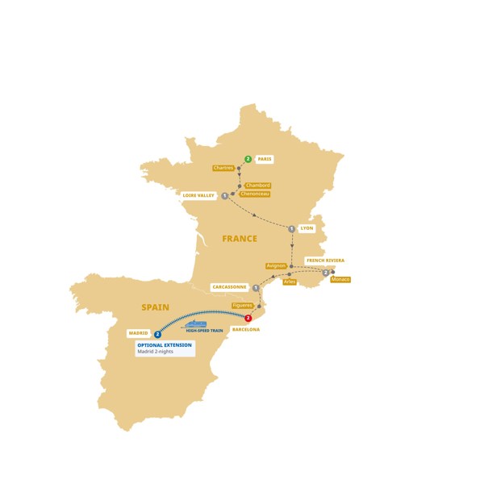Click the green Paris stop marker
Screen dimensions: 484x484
point(248,159)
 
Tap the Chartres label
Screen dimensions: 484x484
point(223,168)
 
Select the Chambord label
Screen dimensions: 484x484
point(257,186)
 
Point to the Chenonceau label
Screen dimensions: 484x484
point(254,194)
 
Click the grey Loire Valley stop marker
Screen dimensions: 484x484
point(224,196)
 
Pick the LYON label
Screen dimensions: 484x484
point(307,228)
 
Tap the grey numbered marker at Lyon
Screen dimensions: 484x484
point(291,229)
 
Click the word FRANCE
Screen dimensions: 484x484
point(240,239)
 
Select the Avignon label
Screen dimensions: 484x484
point(276,265)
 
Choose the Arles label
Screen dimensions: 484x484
point(290,282)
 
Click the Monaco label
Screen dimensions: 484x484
point(340,280)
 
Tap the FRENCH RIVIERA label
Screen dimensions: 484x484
point(325,261)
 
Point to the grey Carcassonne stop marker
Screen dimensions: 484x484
point(256,288)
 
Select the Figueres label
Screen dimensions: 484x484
point(242,305)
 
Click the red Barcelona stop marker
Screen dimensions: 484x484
point(248,319)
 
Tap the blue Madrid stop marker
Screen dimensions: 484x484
point(158,334)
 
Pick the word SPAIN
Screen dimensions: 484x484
point(155,307)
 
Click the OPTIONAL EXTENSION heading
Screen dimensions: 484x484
point(165,345)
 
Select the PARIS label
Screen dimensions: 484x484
point(265,159)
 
